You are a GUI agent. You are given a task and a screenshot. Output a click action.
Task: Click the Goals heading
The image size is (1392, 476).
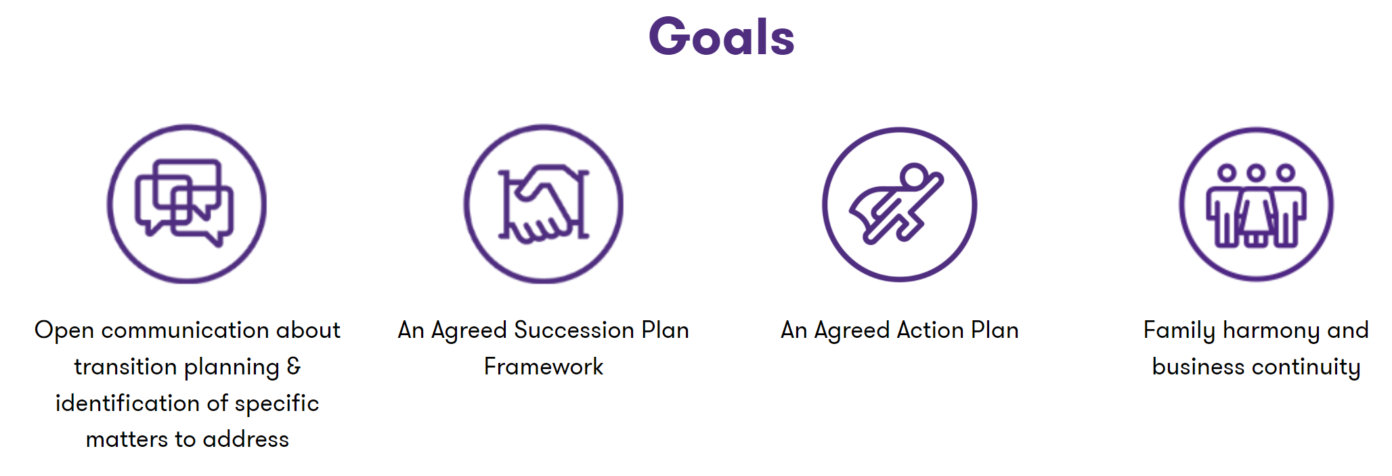pos(722,37)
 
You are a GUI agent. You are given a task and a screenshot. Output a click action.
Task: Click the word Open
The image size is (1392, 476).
pos(64,330)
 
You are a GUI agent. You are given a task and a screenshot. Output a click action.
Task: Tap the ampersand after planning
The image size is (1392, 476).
pos(294,366)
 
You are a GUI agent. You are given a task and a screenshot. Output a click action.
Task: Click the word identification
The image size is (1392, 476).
pos(129,403)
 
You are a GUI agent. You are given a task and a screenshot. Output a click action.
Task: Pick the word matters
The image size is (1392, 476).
pos(127,439)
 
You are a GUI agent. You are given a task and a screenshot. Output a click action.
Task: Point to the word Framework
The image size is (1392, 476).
pos(544,366)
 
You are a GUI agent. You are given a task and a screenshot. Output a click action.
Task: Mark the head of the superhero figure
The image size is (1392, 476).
pos(913,175)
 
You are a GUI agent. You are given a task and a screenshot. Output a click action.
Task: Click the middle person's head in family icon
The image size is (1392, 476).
pos(1256,173)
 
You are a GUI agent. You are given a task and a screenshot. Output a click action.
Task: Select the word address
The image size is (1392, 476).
pos(246,439)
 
